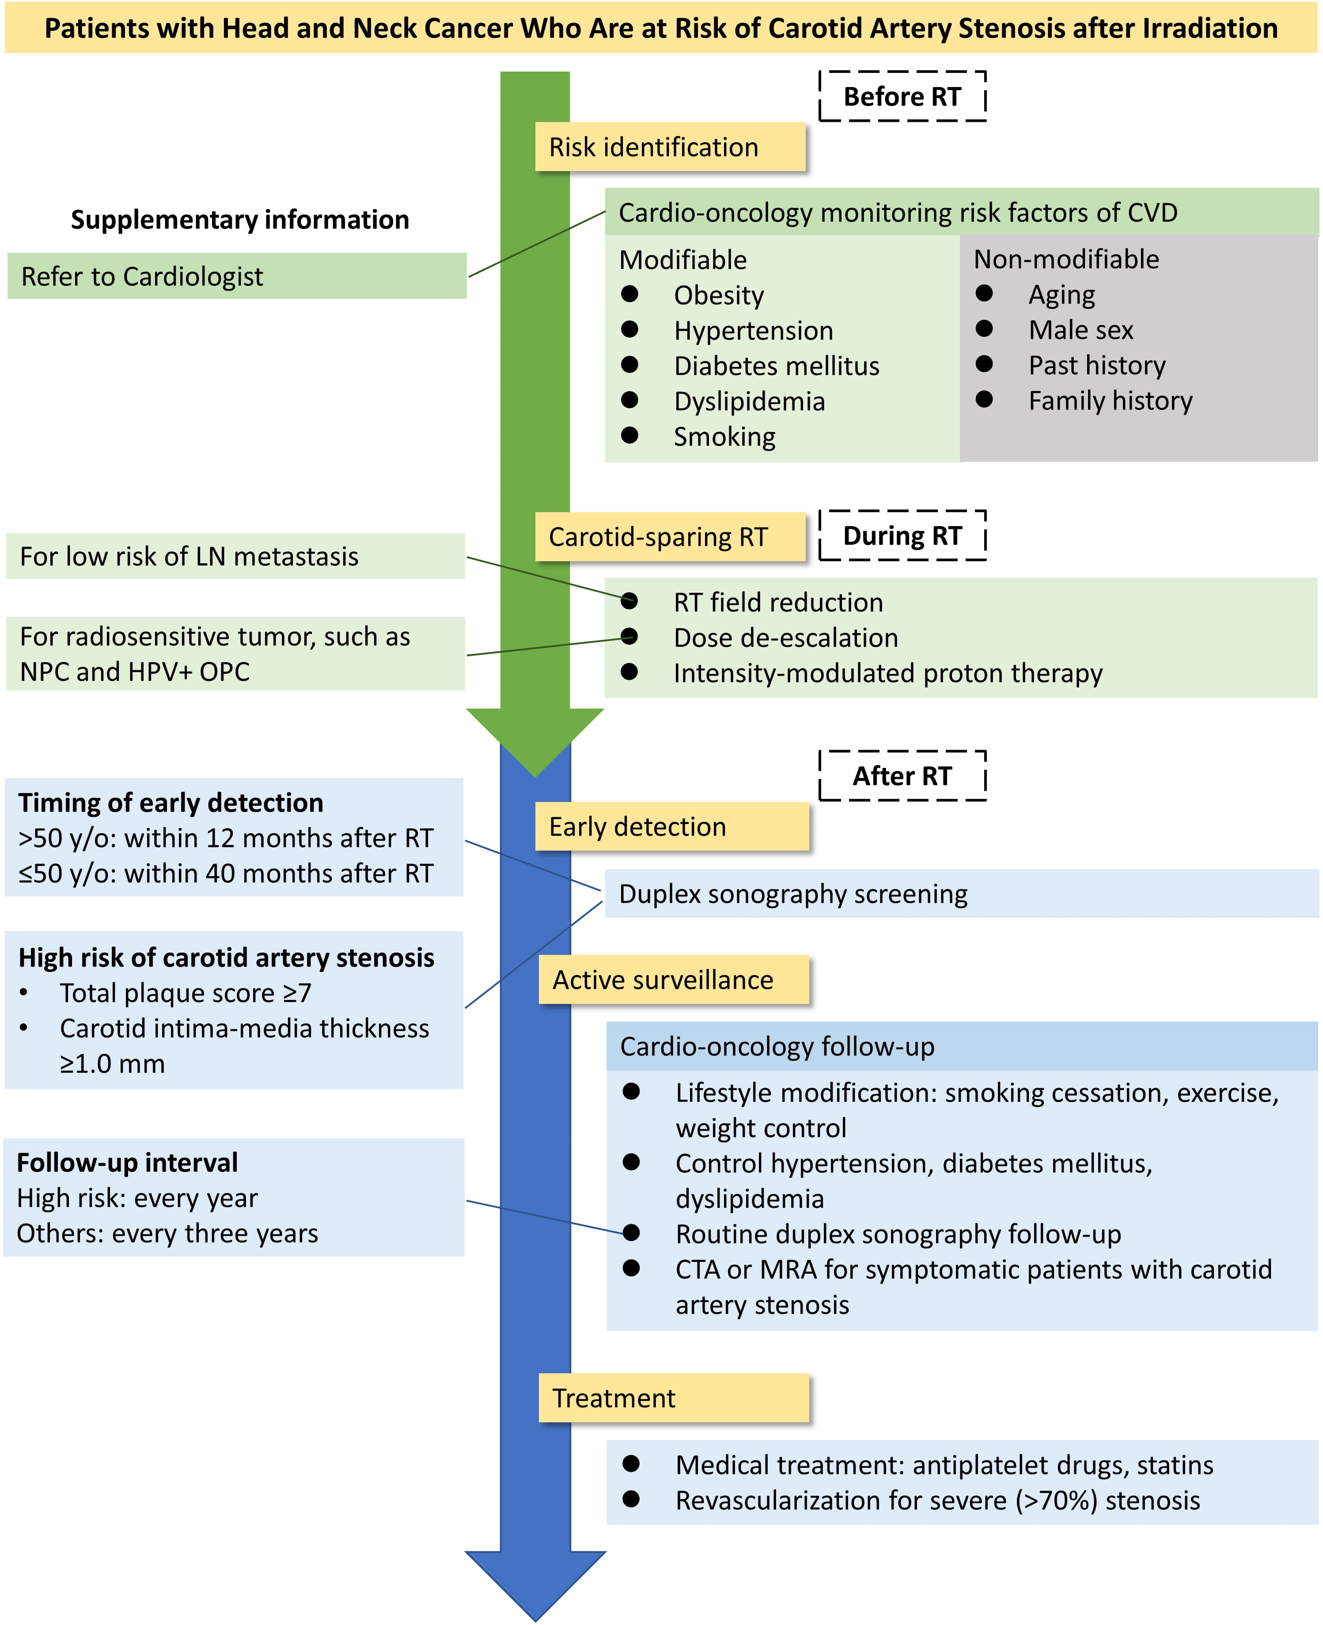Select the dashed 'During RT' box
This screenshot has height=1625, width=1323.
pyautogui.click(x=902, y=536)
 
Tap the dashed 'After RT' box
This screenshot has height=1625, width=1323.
pyautogui.click(x=902, y=776)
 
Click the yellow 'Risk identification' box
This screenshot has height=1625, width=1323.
pyautogui.click(x=670, y=147)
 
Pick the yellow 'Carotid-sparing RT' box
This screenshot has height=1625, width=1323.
pyautogui.click(x=670, y=537)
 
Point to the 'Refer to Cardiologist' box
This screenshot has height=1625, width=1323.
pyautogui.click(x=236, y=277)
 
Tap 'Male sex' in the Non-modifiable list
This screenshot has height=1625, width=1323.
pyautogui.click(x=1080, y=330)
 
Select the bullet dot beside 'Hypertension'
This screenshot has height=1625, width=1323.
pyautogui.click(x=629, y=329)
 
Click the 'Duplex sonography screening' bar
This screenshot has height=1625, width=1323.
pyautogui.click(x=960, y=894)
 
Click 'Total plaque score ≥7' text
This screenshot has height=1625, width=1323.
pyautogui.click(x=185, y=993)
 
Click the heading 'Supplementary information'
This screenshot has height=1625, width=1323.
pyautogui.click(x=240, y=220)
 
